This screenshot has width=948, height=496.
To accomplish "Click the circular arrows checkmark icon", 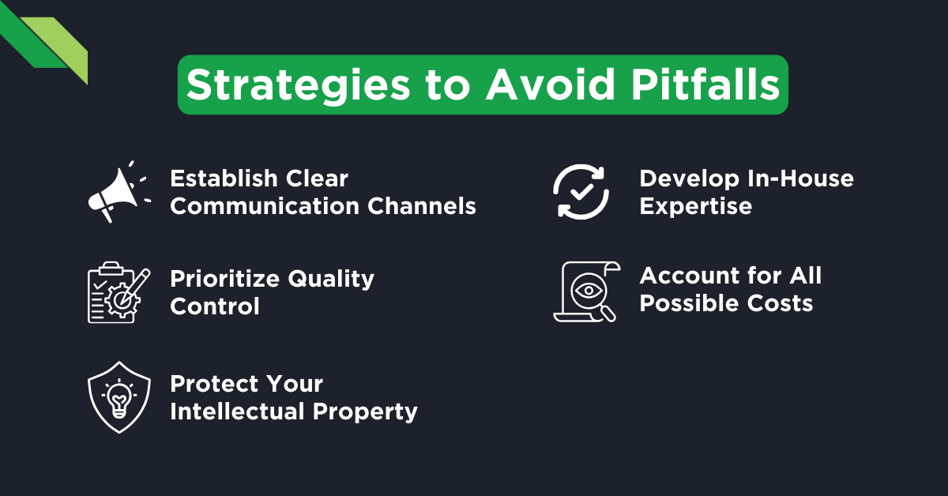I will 581,192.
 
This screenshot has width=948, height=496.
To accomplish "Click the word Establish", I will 218,178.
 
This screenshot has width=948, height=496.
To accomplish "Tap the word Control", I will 215,306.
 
